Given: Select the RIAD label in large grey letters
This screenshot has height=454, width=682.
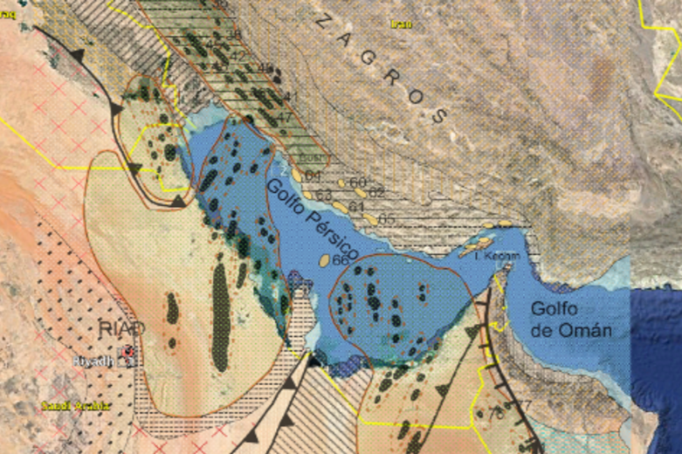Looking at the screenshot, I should (121, 329).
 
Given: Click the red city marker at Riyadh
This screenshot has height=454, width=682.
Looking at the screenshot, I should (128, 356).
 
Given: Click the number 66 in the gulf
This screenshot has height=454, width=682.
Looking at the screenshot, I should (341, 260).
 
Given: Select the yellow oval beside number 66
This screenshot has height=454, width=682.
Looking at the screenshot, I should (323, 259).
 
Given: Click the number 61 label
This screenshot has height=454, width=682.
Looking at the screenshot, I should (355, 206).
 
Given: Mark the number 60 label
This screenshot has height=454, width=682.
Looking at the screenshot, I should (356, 182).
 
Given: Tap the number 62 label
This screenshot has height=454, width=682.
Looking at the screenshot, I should (377, 191).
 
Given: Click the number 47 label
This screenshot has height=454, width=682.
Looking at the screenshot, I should (284, 116).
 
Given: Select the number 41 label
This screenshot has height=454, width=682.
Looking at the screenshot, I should (292, 96).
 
